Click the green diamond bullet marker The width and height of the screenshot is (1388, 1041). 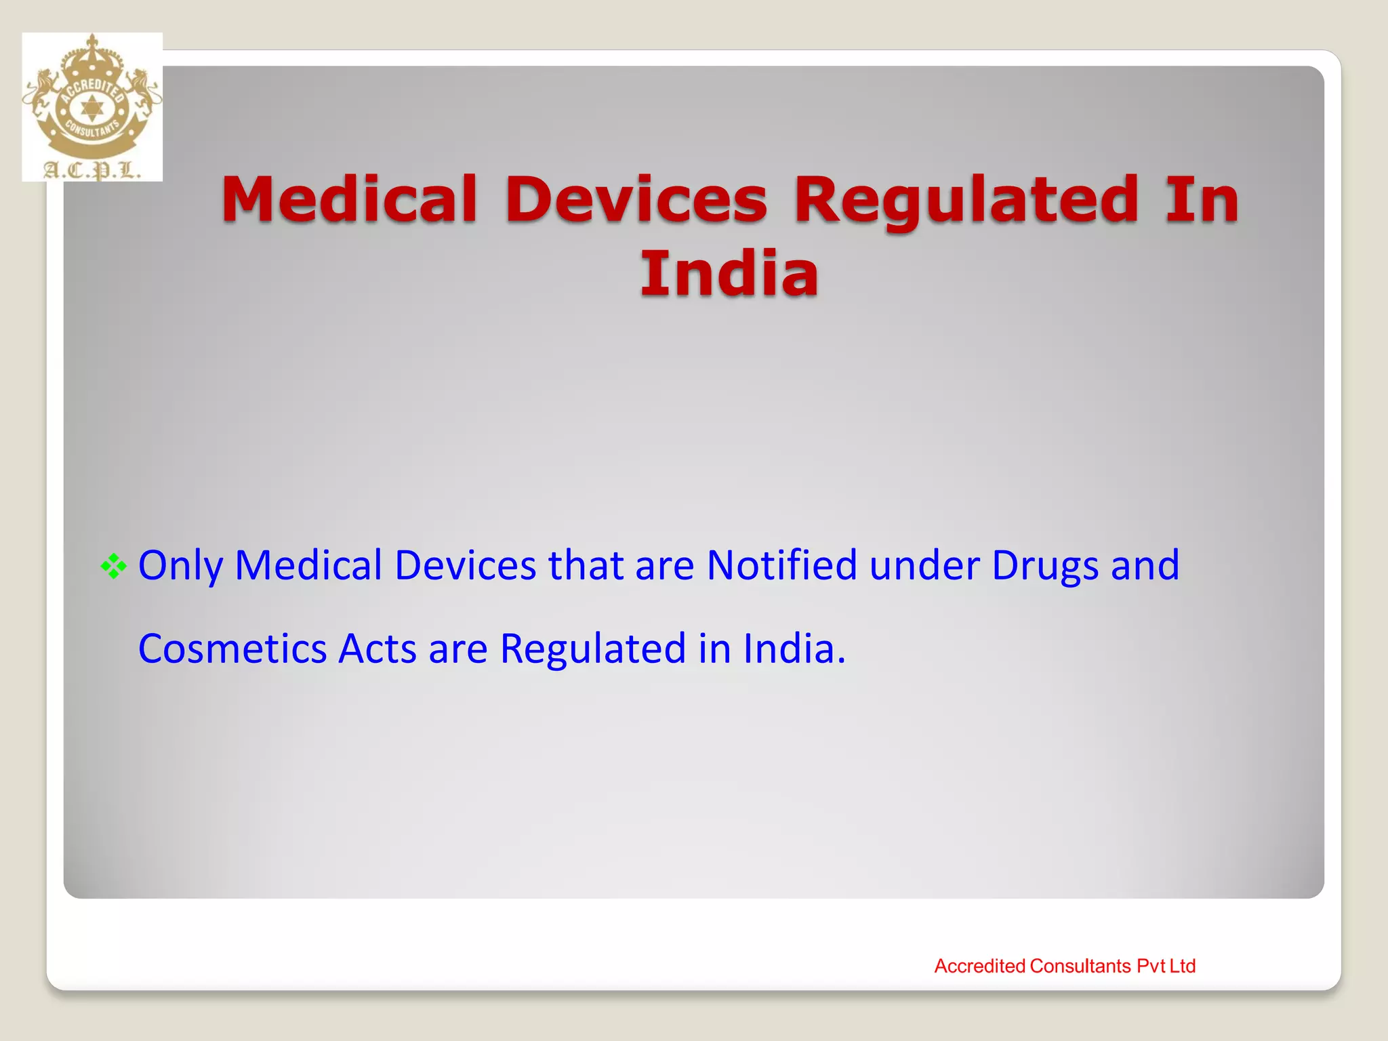[113, 567]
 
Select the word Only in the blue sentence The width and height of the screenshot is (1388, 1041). [180, 565]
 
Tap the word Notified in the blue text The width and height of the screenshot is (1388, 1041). [781, 565]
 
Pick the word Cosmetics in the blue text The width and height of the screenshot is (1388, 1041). [232, 649]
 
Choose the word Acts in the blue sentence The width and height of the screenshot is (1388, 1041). [377, 649]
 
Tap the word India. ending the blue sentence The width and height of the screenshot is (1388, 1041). [794, 649]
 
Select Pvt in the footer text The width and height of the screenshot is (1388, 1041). [1150, 966]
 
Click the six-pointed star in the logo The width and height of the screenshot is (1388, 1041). [91, 108]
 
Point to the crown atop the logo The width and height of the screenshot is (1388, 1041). [92, 58]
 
